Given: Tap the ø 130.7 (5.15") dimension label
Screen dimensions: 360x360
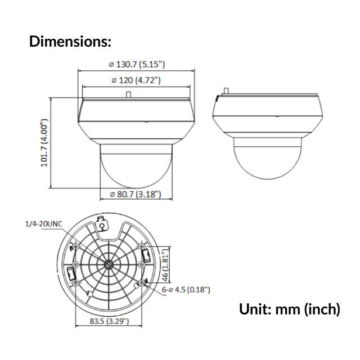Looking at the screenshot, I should pos(137,65).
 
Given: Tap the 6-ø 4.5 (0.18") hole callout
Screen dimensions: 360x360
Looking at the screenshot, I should pos(186,290).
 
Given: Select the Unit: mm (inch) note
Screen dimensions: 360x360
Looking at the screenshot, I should pos(290,309).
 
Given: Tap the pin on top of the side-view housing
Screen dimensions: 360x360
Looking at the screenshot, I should pos(227,90).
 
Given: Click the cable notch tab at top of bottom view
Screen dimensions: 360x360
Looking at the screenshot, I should pos(102,223).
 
